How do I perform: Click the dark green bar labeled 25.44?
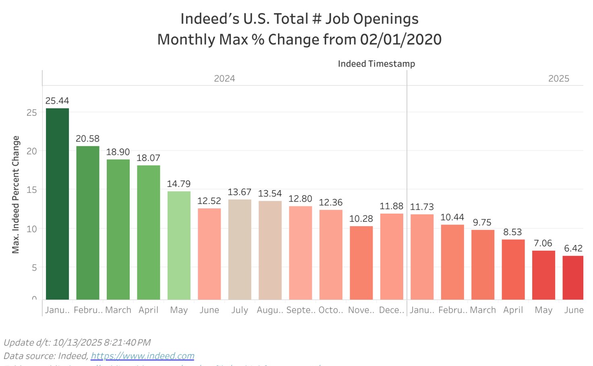click(57, 204)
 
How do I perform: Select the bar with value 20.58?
click(88, 223)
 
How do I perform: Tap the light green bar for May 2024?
click(179, 245)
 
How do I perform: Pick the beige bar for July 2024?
click(240, 249)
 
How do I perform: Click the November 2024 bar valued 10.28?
click(361, 262)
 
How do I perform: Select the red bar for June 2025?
click(573, 277)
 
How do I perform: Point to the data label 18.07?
click(148, 158)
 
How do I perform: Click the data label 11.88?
click(391, 206)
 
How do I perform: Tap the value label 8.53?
click(512, 232)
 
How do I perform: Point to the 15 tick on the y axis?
click(31, 190)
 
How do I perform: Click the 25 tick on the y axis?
click(31, 113)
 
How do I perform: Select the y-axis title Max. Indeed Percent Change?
click(16, 194)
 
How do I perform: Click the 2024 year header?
click(224, 79)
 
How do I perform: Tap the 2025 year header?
click(558, 79)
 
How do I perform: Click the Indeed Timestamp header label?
click(376, 64)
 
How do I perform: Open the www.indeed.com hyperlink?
click(143, 356)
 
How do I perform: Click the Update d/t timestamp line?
click(77, 343)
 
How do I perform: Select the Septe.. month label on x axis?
click(301, 310)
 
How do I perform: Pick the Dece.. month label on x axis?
click(391, 310)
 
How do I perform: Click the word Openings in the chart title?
click(387, 19)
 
